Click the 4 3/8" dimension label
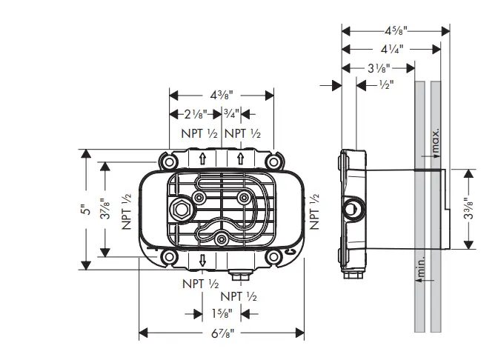coord(222,95)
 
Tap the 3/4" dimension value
coord(231,114)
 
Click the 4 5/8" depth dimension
coord(396,31)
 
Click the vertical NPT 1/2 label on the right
coord(314,210)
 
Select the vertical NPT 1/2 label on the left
coord(127,210)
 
